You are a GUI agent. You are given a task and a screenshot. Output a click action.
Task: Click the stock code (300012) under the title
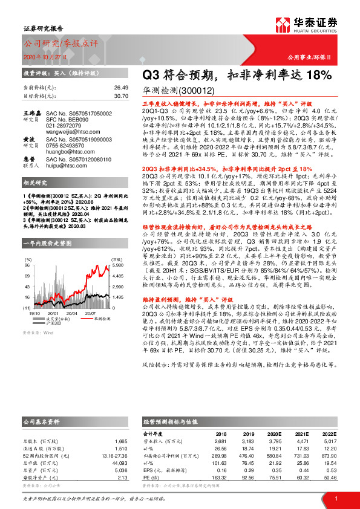pyautogui.click(x=196, y=90)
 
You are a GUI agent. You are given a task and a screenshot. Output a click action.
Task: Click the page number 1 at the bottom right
pyautogui.click(x=335, y=498)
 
